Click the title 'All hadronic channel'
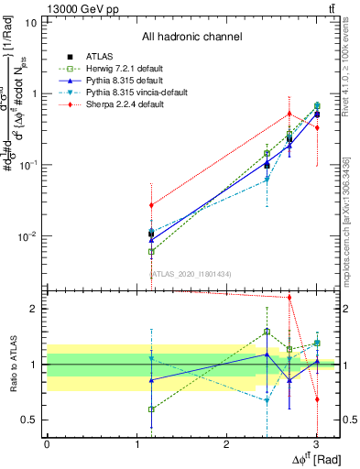[191, 38]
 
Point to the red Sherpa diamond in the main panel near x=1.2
[151, 205]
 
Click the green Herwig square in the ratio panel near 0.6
[151, 409]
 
